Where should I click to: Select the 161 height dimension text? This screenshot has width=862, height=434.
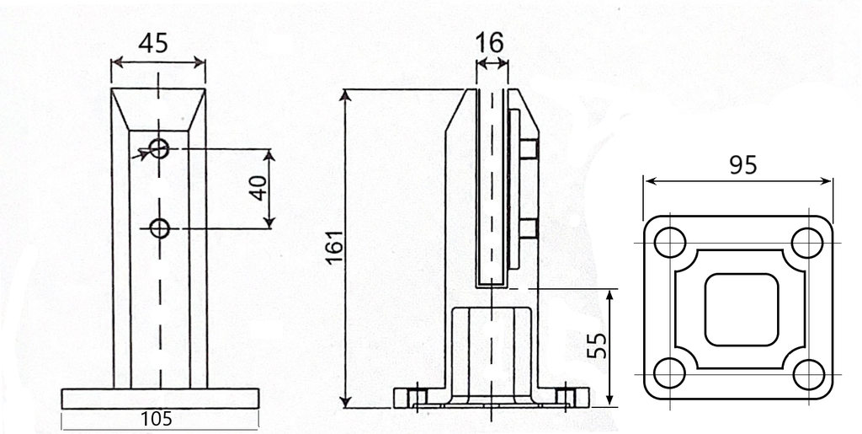(x=334, y=248)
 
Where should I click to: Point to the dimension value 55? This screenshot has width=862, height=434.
(x=597, y=345)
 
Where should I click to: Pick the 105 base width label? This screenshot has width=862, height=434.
(x=158, y=419)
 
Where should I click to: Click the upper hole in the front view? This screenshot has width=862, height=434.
(x=159, y=149)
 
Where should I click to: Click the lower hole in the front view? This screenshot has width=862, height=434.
(x=159, y=228)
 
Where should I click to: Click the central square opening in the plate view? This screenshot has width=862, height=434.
(x=741, y=308)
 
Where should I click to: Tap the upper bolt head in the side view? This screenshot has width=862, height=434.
(x=529, y=150)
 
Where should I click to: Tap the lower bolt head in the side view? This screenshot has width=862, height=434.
(x=529, y=228)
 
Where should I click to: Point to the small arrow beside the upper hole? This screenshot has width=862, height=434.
(x=138, y=155)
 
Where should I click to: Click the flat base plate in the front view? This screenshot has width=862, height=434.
(x=158, y=399)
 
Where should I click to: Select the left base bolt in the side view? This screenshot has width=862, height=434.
(x=414, y=396)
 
